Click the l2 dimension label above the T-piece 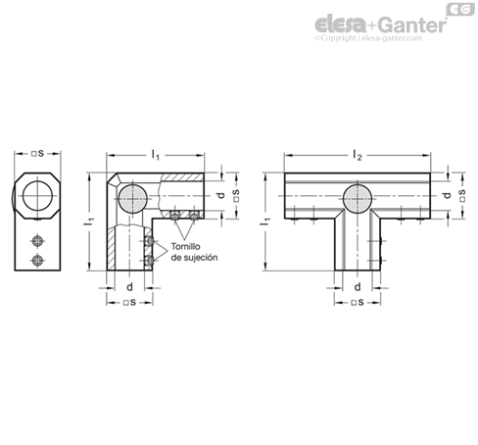[358, 155]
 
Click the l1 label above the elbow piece [156, 155]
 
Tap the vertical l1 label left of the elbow [88, 222]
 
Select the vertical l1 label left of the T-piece [265, 222]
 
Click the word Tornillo [186, 246]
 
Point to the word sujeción [199, 258]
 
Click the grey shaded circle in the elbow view [132, 198]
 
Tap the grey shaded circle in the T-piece [358, 198]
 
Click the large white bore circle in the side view [38, 196]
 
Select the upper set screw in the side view [38, 241]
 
